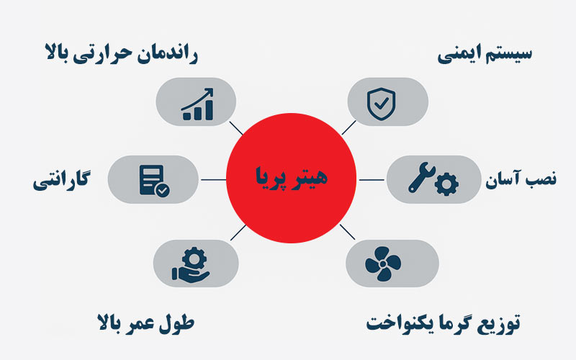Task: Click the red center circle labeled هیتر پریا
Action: coord(291,177)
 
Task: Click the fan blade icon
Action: coord(382,263)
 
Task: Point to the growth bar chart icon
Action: coord(197,104)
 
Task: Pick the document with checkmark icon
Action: coord(153,179)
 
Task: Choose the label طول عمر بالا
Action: coord(145,323)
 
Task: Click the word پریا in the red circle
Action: coord(271,177)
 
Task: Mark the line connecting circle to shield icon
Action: coord(349,127)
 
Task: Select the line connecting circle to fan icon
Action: coord(347,231)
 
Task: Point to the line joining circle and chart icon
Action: coord(235,127)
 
